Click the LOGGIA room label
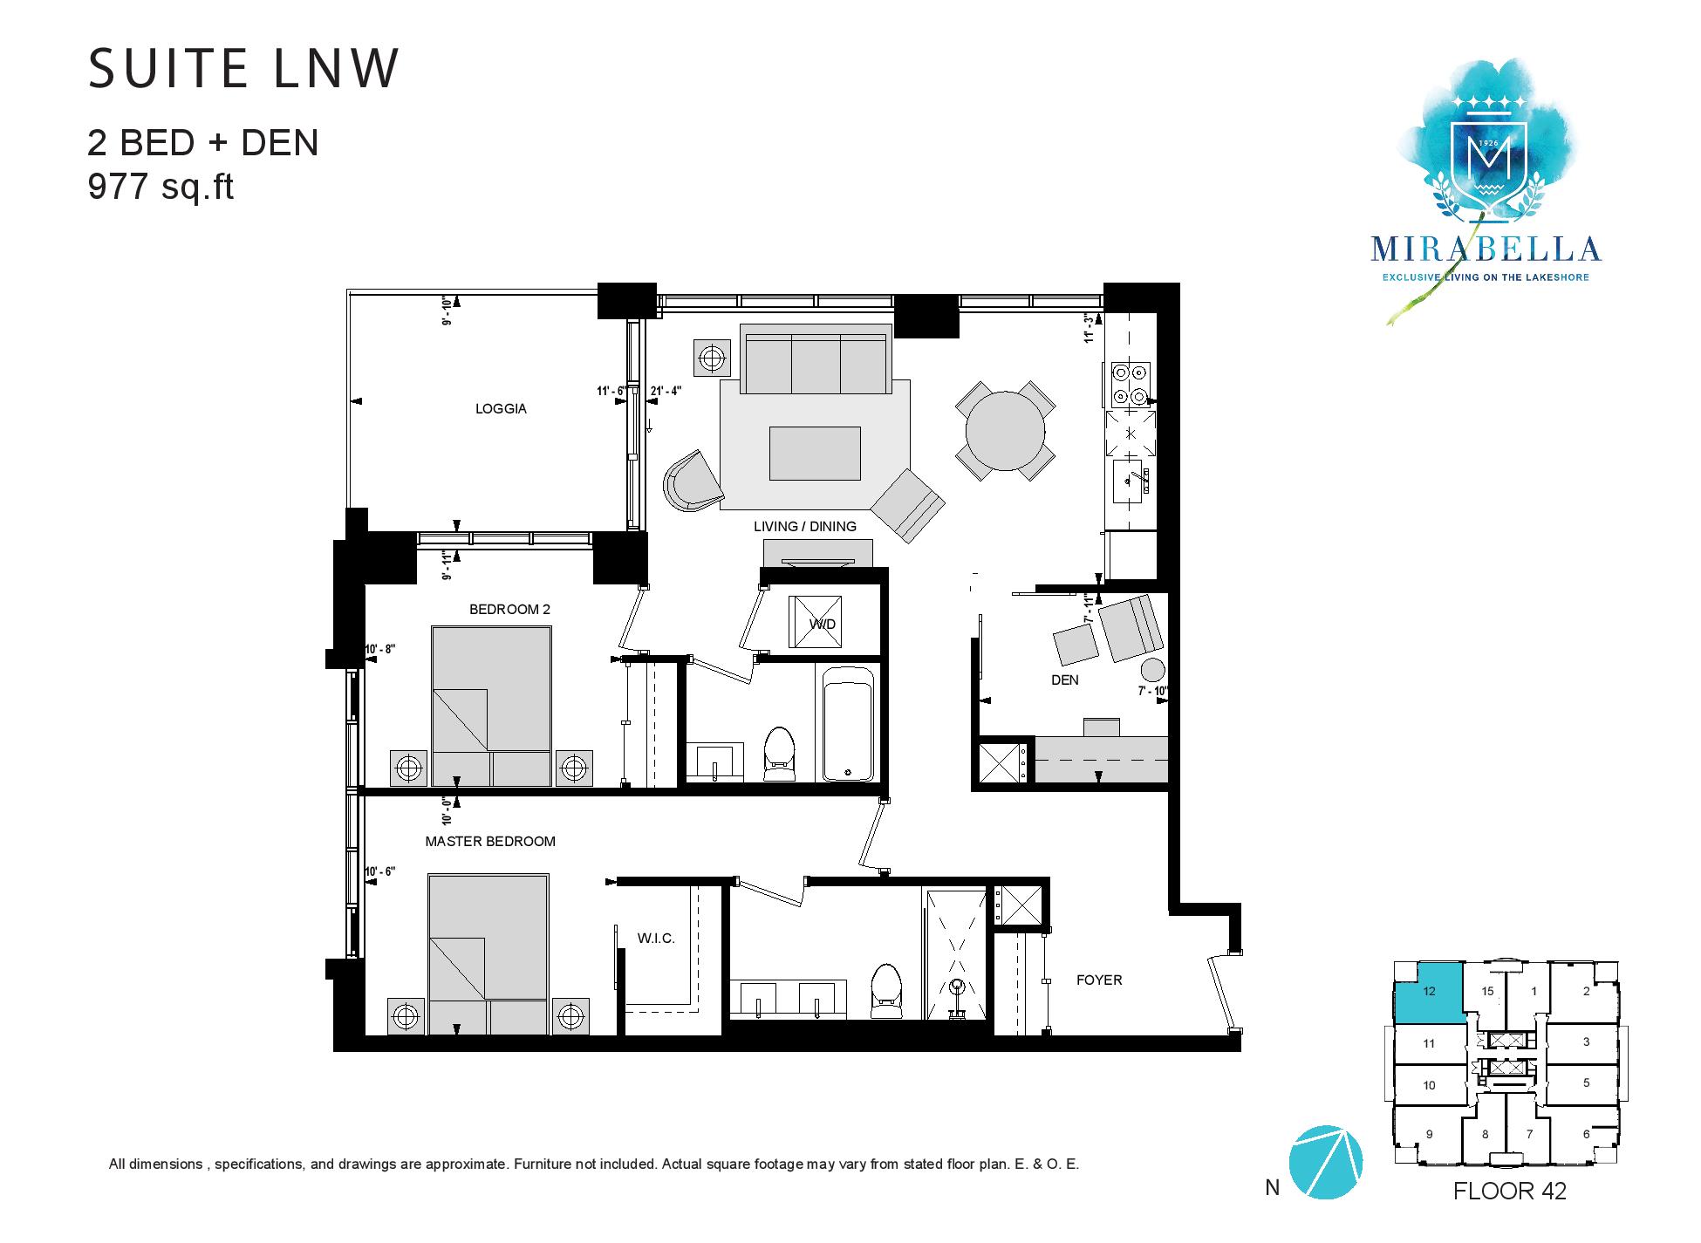pyautogui.click(x=501, y=408)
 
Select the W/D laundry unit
pyautogui.click(x=816, y=623)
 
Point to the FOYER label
pyautogui.click(x=1098, y=980)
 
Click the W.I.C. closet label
pyautogui.click(x=656, y=939)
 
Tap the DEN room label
pyautogui.click(x=1064, y=680)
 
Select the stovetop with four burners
pyautogui.click(x=1131, y=384)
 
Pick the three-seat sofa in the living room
pyautogui.click(x=816, y=359)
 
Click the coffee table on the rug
pyautogui.click(x=815, y=453)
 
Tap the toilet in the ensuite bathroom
pyautogui.click(x=885, y=991)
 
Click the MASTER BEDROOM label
pyautogui.click(x=490, y=842)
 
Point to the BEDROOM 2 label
pyautogui.click(x=509, y=610)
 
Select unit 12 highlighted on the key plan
pyautogui.click(x=1428, y=993)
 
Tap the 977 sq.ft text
pyautogui.click(x=161, y=188)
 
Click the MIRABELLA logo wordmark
pyautogui.click(x=1486, y=249)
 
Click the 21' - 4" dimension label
pyautogui.click(x=666, y=391)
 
